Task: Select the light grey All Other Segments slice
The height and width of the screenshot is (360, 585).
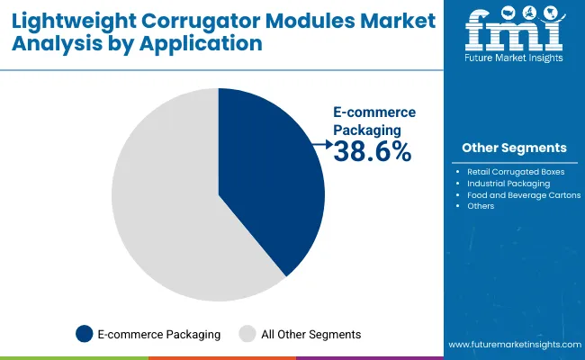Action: [162, 207]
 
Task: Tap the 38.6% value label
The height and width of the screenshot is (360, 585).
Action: [372, 153]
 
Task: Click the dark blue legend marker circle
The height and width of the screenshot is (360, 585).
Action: [85, 334]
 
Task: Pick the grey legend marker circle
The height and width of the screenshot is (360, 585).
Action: [247, 334]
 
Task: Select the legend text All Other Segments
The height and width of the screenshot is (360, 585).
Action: [310, 334]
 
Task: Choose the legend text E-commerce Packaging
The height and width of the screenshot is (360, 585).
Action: [159, 334]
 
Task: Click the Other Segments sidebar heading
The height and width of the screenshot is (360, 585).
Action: [514, 148]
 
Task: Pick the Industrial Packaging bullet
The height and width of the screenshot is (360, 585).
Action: [508, 183]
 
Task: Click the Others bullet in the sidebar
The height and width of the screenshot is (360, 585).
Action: [481, 206]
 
